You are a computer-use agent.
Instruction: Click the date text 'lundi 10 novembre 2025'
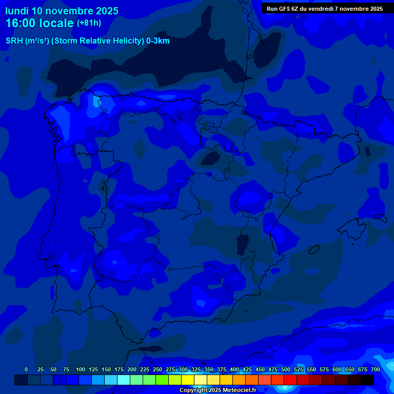[x=62, y=11]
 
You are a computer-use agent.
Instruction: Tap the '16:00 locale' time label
[x=40, y=23]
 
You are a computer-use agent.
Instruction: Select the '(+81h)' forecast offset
[x=89, y=23]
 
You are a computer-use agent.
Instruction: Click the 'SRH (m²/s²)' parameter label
[x=27, y=41]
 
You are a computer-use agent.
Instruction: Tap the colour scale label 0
[x=26, y=369]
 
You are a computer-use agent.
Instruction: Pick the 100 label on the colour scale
[x=81, y=369]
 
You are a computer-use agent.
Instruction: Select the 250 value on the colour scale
[x=157, y=369]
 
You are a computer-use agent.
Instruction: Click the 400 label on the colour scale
[x=234, y=369]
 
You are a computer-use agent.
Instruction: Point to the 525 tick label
[x=299, y=369]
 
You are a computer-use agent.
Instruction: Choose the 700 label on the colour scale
[x=376, y=369]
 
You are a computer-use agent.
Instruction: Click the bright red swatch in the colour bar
[x=290, y=380]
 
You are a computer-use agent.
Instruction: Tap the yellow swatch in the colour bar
[x=188, y=380]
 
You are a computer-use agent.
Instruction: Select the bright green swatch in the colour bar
[x=162, y=380]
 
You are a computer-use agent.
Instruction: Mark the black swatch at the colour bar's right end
[x=367, y=380]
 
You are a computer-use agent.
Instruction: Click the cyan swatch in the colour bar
[x=124, y=380]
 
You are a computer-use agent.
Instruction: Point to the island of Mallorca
[x=354, y=226]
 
